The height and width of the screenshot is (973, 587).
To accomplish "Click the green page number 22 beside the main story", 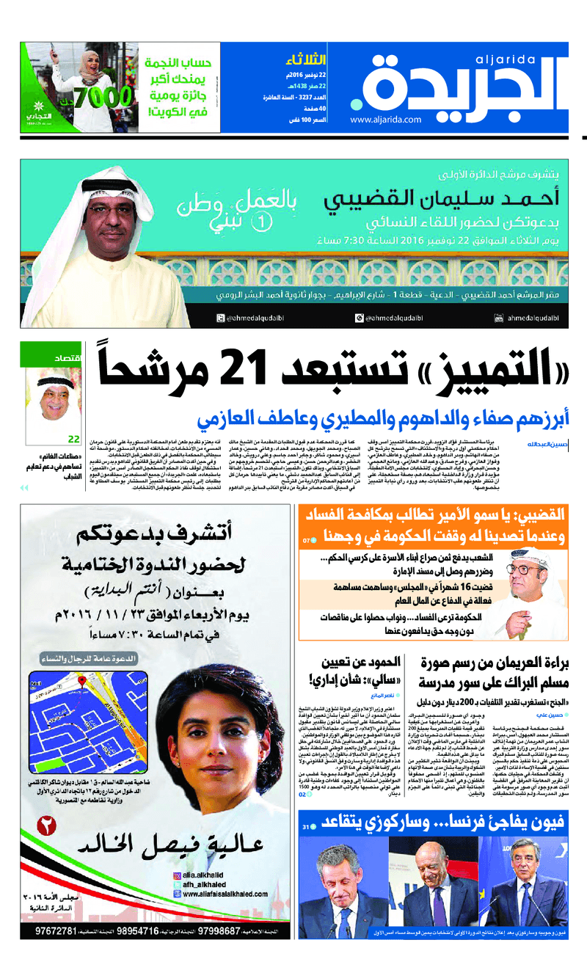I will click(73, 439).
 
